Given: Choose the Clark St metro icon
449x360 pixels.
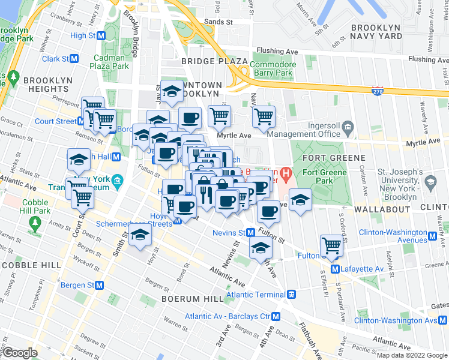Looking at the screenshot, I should point(74,59).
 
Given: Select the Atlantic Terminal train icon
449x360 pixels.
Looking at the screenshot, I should point(291,295).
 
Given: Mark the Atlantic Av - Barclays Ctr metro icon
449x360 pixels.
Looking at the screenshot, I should point(276,316).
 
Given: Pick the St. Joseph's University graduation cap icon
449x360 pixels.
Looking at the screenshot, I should point(431,181).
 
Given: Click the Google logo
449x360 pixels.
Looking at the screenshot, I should point(20,353).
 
